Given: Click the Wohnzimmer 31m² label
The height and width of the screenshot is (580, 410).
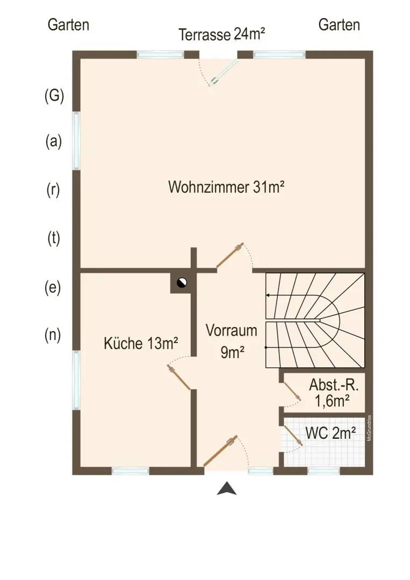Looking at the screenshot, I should point(226,188).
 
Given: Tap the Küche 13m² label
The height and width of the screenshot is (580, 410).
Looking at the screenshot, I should point(141,344).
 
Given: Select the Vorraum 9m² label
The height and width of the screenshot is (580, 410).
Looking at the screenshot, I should point(232,341).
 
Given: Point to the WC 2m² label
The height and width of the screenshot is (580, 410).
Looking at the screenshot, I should point(330,433).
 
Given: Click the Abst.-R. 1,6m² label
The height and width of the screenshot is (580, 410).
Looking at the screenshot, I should point(333,393).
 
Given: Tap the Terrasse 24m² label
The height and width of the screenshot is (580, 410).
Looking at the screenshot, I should point(222,35).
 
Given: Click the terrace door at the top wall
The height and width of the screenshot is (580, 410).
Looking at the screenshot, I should point(225,72).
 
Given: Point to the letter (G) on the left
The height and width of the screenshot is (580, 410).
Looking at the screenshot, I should point(54,96).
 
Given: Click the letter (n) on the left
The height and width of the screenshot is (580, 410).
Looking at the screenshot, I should point(53,335).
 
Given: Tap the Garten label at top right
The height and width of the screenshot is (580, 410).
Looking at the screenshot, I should point(339,25).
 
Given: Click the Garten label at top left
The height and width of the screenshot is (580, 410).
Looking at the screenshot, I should point(68,25).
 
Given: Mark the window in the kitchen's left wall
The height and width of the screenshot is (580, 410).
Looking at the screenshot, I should point(76,380).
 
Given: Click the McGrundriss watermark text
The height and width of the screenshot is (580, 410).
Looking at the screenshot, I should point(369,429).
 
